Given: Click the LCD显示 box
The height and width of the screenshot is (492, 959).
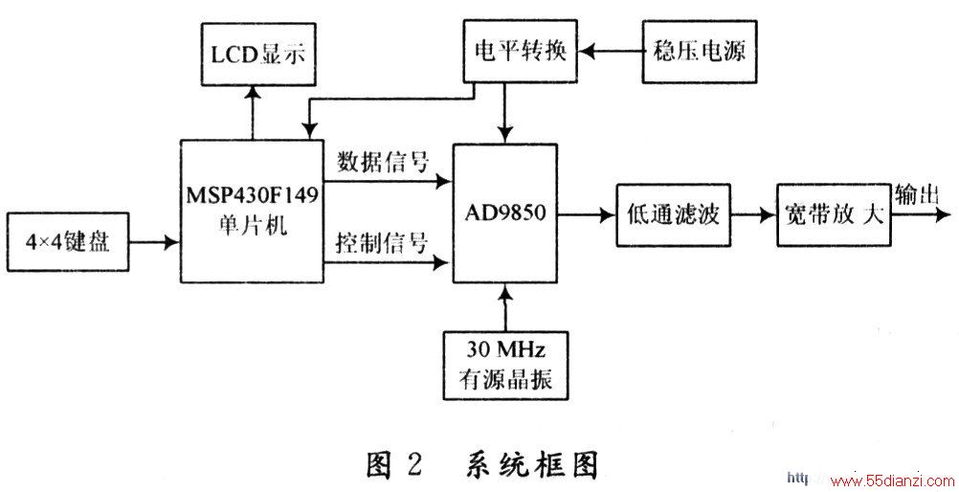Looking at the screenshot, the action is (x=258, y=54).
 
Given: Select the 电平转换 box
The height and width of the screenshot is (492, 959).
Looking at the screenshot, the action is (x=521, y=51).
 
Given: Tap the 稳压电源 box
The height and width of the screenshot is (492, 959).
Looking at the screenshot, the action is (x=699, y=52).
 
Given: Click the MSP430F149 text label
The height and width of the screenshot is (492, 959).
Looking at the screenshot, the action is (x=253, y=197).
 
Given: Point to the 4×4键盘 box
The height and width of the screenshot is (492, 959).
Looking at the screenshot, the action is (x=67, y=242).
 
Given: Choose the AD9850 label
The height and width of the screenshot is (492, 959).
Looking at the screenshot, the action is (x=504, y=214).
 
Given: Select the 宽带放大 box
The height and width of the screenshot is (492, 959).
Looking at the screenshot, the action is (x=834, y=214).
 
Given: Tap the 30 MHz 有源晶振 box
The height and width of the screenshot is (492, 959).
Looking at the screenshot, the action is (x=505, y=365).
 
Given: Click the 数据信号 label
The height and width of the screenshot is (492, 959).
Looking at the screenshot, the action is (x=384, y=163).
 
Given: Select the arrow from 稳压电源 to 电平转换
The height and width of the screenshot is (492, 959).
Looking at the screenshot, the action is (x=611, y=52).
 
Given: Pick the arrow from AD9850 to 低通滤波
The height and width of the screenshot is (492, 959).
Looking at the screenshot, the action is (x=587, y=214).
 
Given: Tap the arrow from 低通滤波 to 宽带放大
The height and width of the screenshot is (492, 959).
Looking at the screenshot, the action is (x=753, y=214).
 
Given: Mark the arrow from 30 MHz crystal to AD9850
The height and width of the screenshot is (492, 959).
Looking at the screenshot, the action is (x=505, y=307).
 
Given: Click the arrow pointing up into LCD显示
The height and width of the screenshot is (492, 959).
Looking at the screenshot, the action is (x=252, y=112).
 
